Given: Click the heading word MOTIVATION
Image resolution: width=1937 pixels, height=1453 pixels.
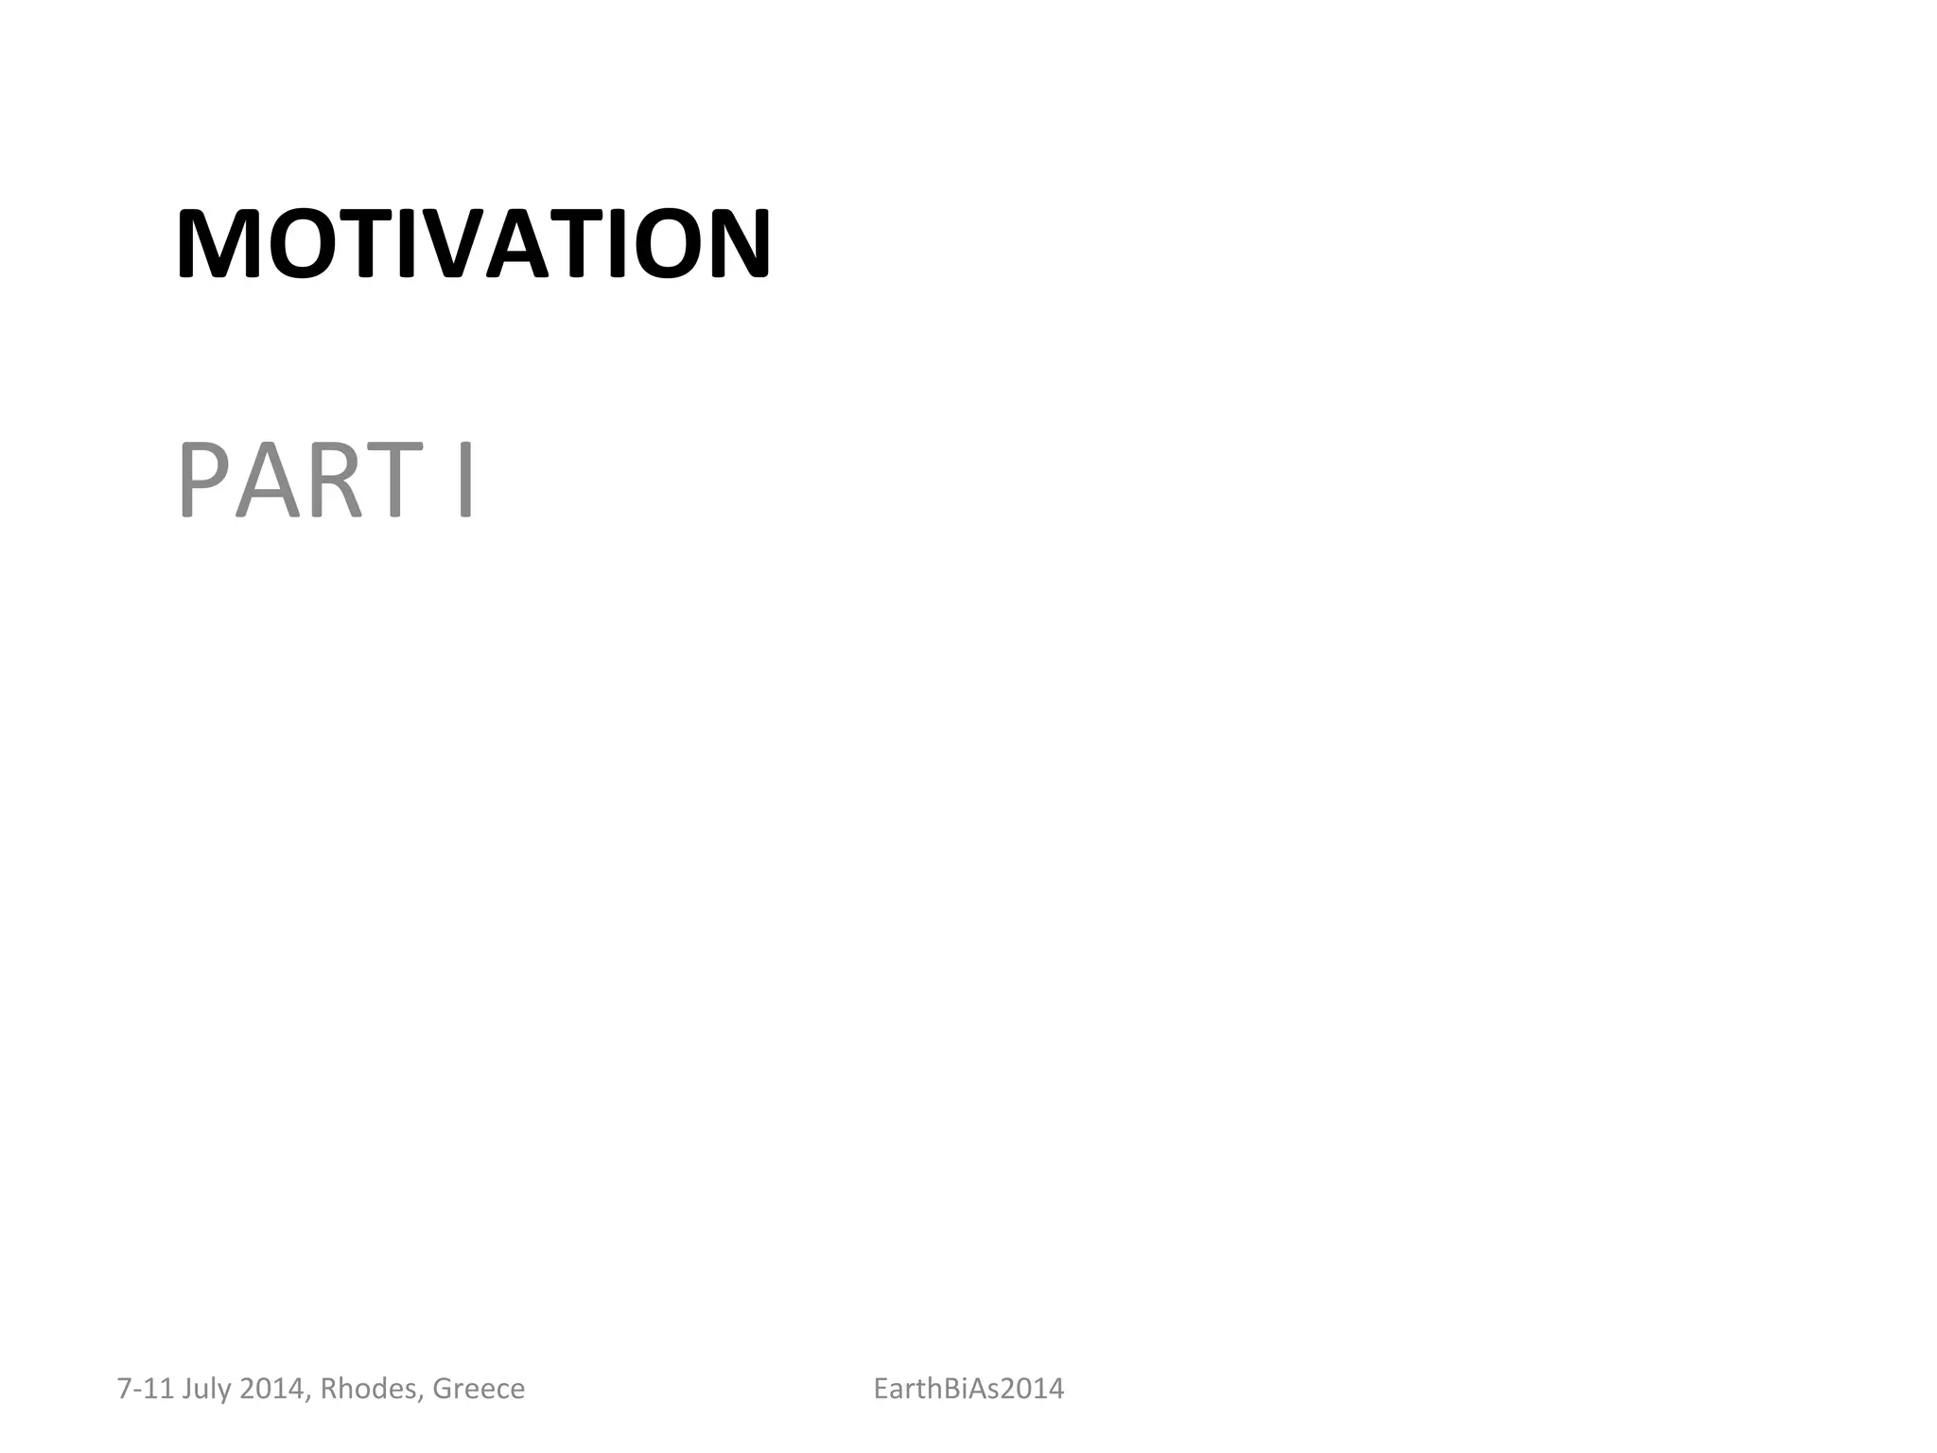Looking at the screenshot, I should (x=473, y=244).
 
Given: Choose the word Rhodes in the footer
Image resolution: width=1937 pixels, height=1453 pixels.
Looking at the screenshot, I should (x=371, y=1389).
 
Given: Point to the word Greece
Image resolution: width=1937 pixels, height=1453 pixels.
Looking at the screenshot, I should (x=479, y=1389).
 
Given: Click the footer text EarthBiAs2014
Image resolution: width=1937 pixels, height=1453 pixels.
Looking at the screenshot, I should (x=968, y=1389).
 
